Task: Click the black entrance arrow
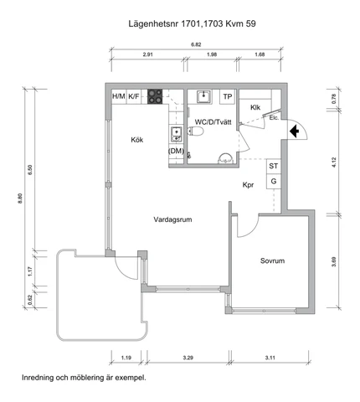(x=294, y=131)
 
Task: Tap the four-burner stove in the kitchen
(x=155, y=96)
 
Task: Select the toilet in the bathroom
(x=195, y=131)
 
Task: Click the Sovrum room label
(x=272, y=261)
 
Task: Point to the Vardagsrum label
(x=172, y=219)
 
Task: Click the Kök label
(x=137, y=140)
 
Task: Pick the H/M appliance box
(x=119, y=96)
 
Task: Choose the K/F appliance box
(x=134, y=96)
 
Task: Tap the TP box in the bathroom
(x=228, y=96)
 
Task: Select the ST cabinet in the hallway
(x=274, y=167)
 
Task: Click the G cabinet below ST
(x=274, y=182)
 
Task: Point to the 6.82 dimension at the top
(x=196, y=44)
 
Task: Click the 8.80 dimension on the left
(x=20, y=198)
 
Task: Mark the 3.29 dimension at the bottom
(x=188, y=358)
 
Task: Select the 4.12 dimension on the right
(x=334, y=162)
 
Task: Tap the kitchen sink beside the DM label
(x=177, y=134)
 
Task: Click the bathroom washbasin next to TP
(x=204, y=96)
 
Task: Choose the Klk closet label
(x=255, y=107)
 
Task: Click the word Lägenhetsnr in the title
(x=154, y=24)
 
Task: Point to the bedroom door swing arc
(x=251, y=230)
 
